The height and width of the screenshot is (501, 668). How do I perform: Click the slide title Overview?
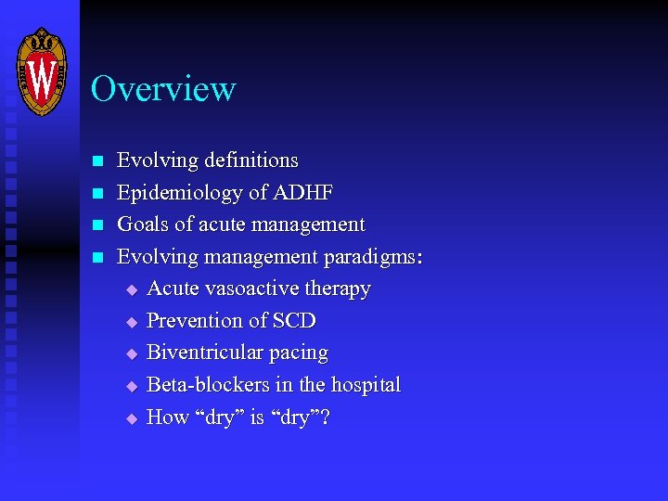click(x=163, y=89)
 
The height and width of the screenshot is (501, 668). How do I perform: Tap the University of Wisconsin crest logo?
click(x=43, y=71)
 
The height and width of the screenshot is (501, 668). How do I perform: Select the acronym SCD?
click(x=294, y=321)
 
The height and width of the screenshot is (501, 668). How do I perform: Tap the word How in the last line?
click(x=168, y=417)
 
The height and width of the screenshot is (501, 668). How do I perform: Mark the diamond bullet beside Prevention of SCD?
click(x=131, y=322)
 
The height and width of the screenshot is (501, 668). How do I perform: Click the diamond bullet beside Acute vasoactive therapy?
click(x=131, y=289)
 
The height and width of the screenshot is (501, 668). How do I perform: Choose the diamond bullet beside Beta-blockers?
click(x=131, y=386)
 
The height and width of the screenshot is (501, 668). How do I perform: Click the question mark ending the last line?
click(x=326, y=417)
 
